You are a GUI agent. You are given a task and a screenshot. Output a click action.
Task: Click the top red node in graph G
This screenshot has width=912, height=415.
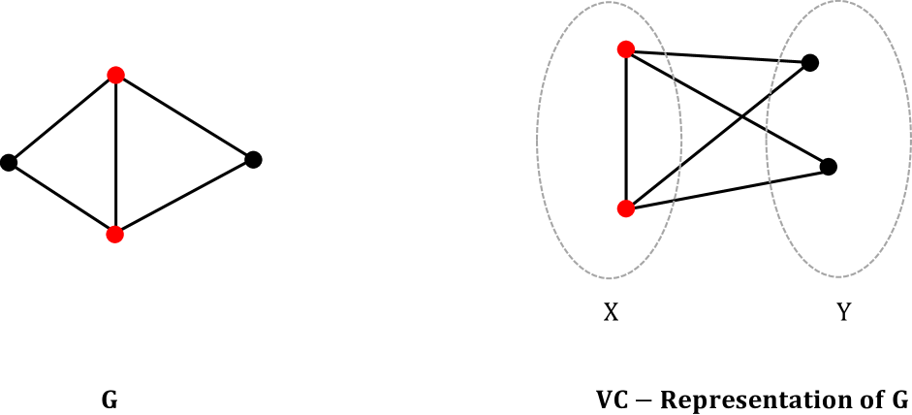coord(115,74)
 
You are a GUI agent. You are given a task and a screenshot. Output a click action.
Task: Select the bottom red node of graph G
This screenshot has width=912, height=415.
coord(115,233)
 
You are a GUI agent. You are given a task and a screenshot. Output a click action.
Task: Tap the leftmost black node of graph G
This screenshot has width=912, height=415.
coord(9,162)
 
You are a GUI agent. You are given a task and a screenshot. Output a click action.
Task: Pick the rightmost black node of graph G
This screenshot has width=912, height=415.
coord(253,159)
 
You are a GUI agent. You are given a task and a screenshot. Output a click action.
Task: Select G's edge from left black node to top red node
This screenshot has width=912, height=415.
coord(62,118)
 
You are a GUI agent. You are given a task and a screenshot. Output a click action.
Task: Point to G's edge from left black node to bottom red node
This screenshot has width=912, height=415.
coord(62,198)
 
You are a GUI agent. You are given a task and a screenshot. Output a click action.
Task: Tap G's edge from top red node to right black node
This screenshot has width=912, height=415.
coord(184,116)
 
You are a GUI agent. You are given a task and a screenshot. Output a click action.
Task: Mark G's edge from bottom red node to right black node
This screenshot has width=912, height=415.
coord(184,196)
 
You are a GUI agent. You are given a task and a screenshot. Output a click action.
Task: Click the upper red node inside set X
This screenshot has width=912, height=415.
coord(626,49)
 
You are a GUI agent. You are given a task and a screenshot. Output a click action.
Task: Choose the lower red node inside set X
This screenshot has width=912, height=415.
coord(626,207)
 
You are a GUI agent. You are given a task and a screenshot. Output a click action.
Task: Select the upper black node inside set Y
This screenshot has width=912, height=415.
coord(810,63)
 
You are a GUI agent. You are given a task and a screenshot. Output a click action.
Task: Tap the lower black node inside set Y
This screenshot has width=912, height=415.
coord(828,167)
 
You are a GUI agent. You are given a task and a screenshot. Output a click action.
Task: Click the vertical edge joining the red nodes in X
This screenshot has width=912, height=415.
coord(627,128)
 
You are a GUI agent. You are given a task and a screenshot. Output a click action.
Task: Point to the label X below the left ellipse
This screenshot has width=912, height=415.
coord(611,313)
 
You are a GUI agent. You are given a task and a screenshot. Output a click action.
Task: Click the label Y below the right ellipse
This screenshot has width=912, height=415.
coord(842,313)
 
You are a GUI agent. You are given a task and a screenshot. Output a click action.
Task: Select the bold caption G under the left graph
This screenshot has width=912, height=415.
coord(110,399)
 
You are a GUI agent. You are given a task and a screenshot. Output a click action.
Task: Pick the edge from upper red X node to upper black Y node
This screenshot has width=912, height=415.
coord(718,56)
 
